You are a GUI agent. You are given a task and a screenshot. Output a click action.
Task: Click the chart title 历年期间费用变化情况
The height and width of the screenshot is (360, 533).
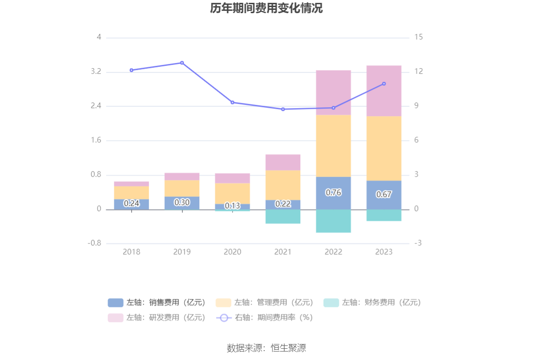[266, 8]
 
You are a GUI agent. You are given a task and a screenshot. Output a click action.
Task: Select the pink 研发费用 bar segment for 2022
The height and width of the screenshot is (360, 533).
[333, 93]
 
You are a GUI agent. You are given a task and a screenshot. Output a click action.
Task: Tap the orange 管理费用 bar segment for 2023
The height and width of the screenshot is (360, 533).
[384, 148]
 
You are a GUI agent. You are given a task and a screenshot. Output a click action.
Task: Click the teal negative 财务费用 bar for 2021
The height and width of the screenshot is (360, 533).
[283, 216]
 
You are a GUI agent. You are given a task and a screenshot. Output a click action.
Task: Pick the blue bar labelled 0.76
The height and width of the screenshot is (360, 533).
[333, 193]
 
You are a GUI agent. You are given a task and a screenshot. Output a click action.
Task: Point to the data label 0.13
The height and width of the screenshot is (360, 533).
[232, 206]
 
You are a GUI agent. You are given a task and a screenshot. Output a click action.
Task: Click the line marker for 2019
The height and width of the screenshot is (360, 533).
[182, 63]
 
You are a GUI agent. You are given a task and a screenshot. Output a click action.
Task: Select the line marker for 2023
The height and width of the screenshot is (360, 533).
[384, 84]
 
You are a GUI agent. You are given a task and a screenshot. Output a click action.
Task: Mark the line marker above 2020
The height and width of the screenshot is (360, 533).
[232, 102]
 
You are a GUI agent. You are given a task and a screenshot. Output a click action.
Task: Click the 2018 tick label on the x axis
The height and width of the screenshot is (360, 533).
[132, 252]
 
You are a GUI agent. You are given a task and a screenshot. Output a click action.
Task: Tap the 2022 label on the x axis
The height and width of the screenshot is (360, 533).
[333, 252]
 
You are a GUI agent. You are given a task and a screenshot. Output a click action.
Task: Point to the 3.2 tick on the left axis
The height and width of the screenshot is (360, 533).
[96, 72]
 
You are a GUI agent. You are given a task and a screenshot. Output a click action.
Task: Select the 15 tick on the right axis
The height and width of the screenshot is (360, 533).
[419, 37]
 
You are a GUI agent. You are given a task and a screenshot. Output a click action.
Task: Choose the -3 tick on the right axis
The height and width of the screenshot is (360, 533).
[418, 243]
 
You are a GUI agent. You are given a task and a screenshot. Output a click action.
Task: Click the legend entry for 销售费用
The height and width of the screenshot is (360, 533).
[157, 303]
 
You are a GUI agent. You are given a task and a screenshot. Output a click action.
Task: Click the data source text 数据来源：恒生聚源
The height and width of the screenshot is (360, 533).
[266, 348]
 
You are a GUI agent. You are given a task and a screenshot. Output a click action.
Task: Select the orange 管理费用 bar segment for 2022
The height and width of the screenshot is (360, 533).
[333, 146]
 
